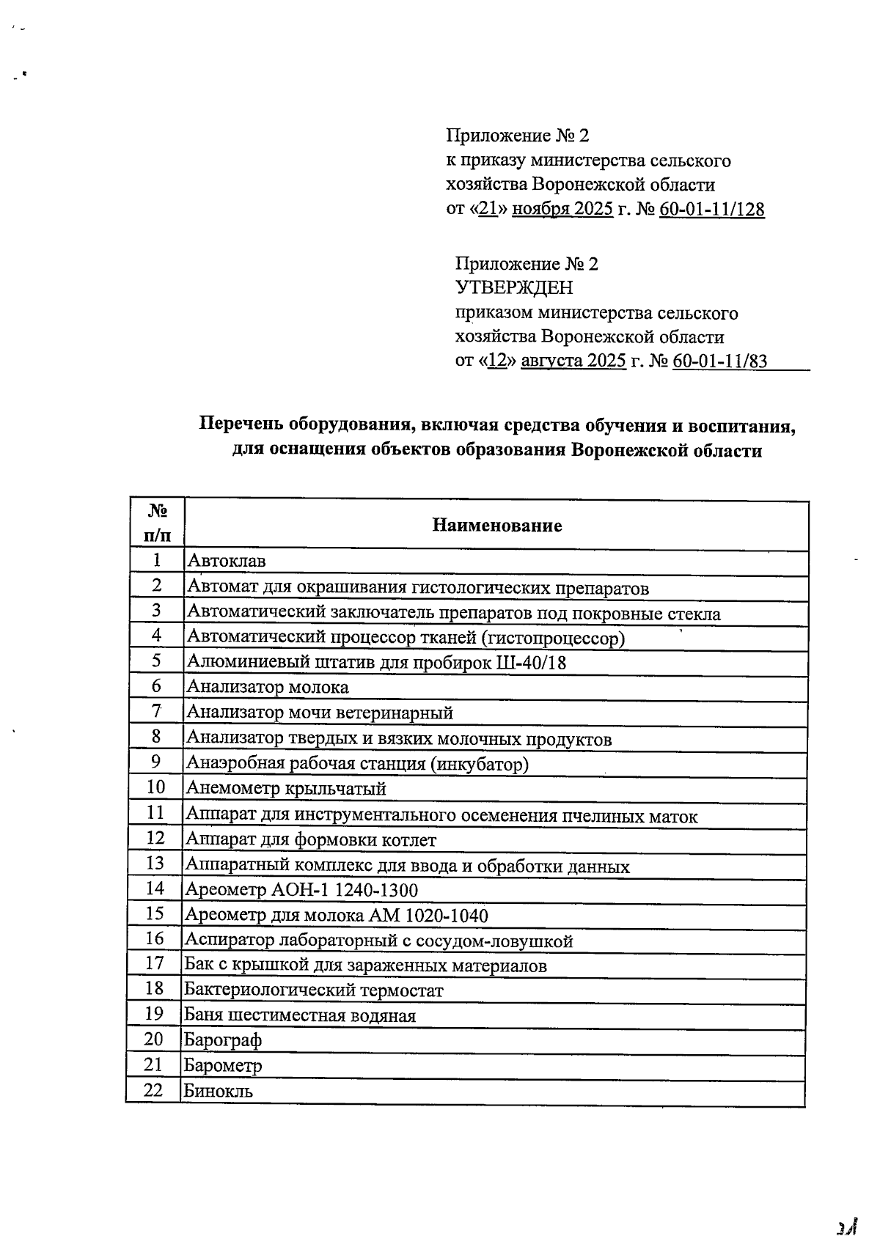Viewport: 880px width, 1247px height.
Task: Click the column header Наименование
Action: click(x=496, y=525)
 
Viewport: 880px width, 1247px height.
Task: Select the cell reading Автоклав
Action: click(x=227, y=562)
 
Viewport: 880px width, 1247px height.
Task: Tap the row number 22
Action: click(x=153, y=1089)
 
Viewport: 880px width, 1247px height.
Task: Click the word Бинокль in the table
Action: click(x=219, y=1091)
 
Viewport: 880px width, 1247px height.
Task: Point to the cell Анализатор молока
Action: click(x=268, y=687)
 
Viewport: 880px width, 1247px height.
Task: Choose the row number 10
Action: click(x=155, y=787)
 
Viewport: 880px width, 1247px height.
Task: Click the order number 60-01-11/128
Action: click(x=711, y=210)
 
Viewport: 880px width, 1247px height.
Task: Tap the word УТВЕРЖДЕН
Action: click(x=514, y=287)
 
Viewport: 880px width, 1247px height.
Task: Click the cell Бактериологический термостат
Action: click(x=314, y=990)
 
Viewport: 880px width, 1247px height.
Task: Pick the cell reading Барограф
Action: click(x=222, y=1040)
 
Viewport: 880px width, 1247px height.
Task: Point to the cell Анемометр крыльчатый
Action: click(x=286, y=789)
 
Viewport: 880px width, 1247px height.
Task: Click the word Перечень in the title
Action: click(x=241, y=426)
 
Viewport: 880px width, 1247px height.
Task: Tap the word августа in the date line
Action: click(x=551, y=361)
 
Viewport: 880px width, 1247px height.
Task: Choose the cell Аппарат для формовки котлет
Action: click(x=311, y=840)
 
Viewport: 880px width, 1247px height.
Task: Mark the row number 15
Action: click(x=155, y=913)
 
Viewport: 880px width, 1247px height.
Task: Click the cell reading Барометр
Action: click(x=223, y=1065)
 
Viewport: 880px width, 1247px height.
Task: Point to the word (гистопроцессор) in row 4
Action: click(x=553, y=639)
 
